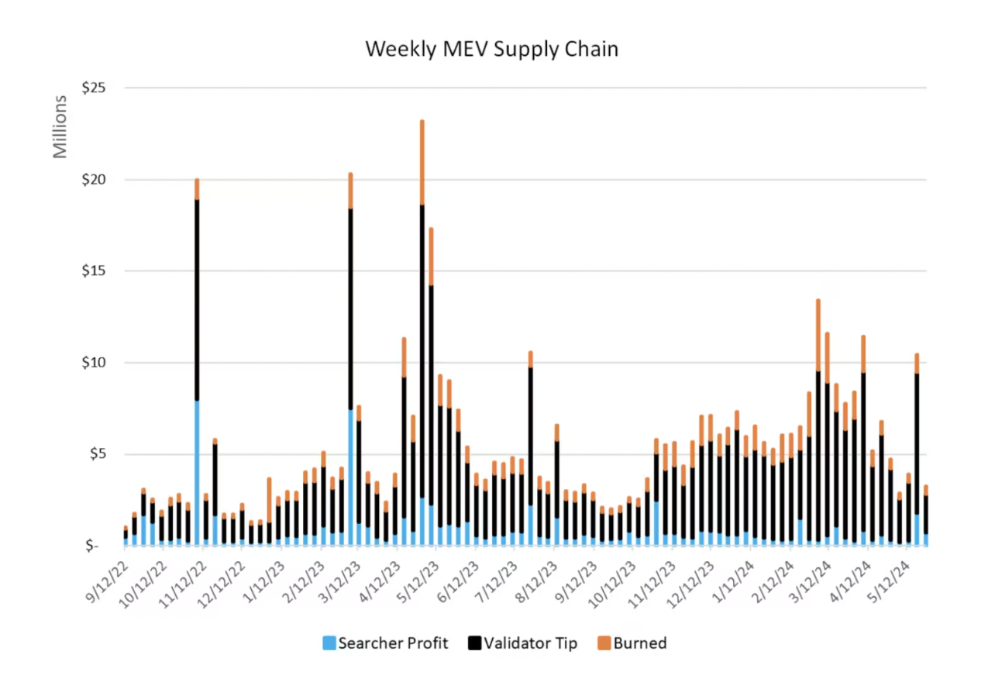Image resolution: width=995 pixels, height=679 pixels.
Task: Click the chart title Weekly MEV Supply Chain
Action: coord(491,50)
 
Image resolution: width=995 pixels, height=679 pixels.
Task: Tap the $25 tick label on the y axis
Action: coord(92,88)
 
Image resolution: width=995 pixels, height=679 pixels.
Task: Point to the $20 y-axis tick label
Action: coord(92,180)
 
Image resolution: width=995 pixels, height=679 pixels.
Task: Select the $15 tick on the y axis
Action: coord(92,271)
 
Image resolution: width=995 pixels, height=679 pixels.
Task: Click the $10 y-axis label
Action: coord(92,363)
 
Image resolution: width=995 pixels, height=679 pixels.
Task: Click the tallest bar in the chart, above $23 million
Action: coord(422,310)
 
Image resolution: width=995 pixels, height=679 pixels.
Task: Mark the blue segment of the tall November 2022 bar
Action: coord(197,473)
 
